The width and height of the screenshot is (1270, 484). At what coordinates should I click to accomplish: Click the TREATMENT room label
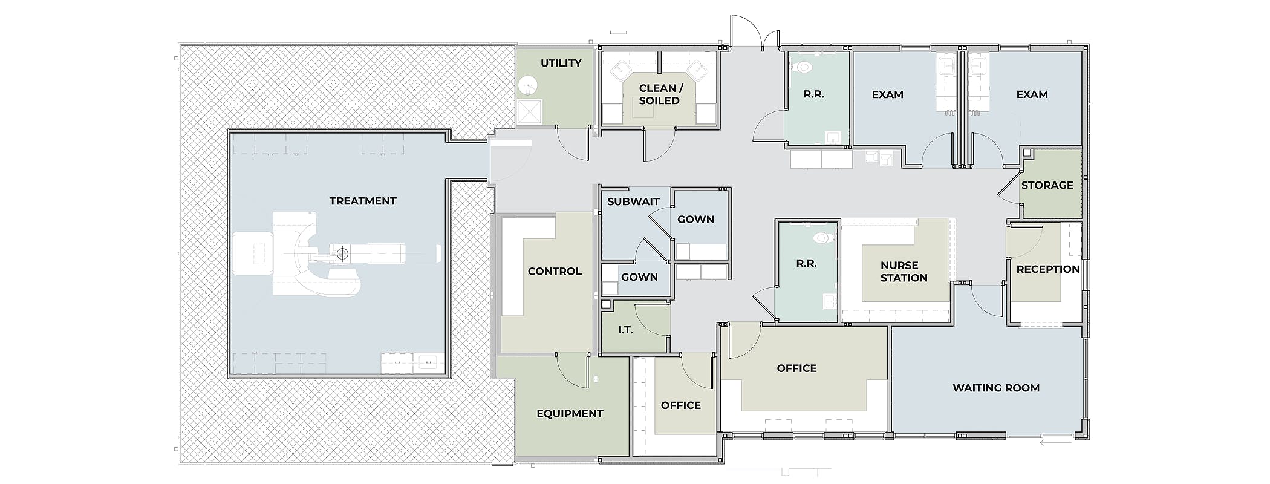(363, 201)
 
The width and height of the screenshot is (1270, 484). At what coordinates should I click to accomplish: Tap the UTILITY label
(561, 63)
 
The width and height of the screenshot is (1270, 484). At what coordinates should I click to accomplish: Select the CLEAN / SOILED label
(660, 94)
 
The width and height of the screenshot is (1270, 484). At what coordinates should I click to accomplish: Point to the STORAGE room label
(1047, 185)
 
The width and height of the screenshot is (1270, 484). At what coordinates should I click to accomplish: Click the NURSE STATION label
(904, 272)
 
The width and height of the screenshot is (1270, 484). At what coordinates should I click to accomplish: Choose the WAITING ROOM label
(996, 388)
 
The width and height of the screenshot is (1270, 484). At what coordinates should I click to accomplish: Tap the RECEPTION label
(1048, 269)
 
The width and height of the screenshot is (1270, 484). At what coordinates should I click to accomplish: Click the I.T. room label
(625, 330)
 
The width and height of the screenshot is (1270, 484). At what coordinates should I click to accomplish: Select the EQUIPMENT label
(570, 414)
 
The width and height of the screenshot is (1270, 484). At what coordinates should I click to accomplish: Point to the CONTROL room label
(555, 271)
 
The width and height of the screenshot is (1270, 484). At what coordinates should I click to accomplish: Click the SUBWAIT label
(633, 201)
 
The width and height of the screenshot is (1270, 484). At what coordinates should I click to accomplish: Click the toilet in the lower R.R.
(821, 237)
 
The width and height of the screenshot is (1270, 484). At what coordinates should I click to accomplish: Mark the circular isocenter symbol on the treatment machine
(342, 254)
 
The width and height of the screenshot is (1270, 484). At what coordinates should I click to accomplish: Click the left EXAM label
(887, 94)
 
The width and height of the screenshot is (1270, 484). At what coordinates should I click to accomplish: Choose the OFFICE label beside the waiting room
(796, 368)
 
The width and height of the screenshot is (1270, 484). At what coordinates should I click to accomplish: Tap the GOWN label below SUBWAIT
(639, 277)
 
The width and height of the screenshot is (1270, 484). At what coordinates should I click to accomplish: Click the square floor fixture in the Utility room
(530, 111)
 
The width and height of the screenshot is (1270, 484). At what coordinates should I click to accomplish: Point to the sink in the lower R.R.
(830, 301)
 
